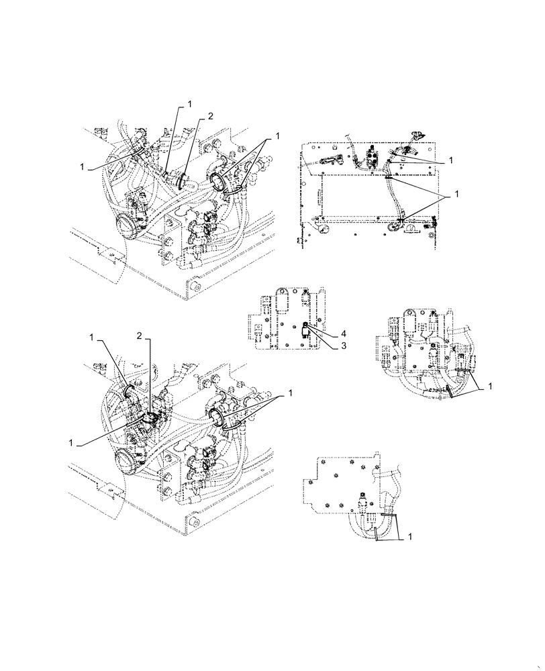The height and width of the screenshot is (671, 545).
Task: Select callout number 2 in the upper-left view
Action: (x=210, y=116)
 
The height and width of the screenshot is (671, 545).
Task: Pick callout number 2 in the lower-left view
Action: (x=140, y=335)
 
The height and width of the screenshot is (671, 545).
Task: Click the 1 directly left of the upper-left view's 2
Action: (x=189, y=104)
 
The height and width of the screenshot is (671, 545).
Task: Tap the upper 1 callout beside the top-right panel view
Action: (x=452, y=160)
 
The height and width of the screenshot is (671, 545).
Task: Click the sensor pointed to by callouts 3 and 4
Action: (x=305, y=329)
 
